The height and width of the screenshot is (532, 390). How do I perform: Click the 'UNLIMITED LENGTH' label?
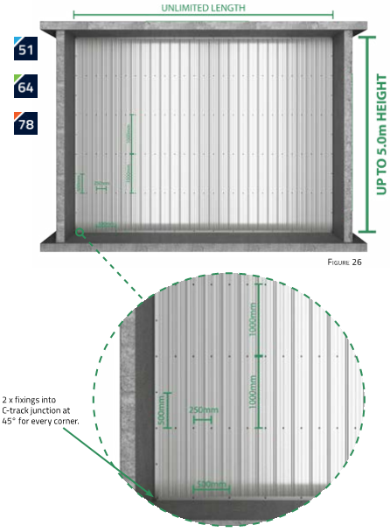point(203,6)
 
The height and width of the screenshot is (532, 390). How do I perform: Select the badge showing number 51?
point(25,47)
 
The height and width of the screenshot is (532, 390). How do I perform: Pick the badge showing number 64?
point(25,86)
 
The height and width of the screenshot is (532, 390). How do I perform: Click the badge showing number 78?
point(25,123)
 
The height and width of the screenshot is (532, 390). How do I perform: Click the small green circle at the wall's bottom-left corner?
point(80,232)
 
